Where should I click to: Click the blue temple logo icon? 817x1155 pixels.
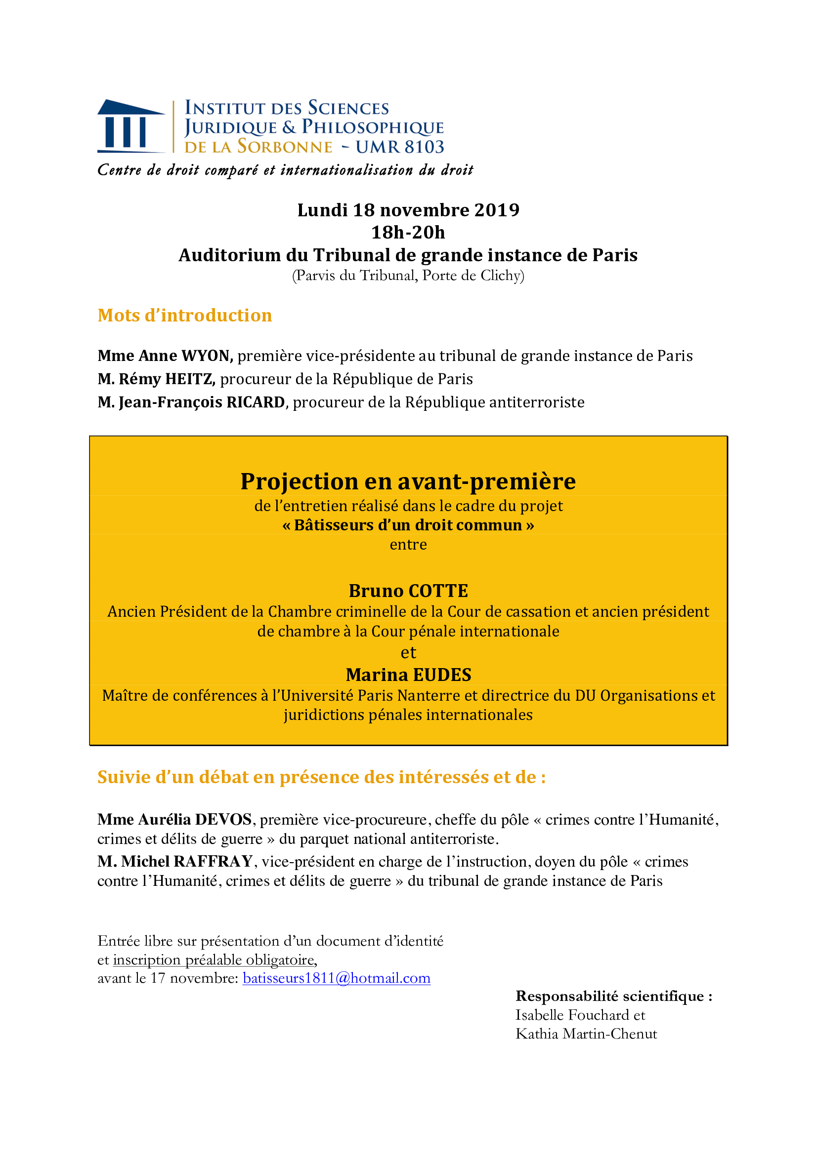130,126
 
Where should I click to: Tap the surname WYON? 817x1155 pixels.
207,356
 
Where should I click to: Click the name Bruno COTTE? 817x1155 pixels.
408,591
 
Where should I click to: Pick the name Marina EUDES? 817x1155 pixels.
408,675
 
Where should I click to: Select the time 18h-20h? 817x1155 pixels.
408,233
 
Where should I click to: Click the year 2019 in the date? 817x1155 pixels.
496,210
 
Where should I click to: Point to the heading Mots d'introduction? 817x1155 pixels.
185,316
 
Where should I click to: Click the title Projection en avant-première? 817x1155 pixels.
408,481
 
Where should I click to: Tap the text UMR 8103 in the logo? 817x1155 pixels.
400,147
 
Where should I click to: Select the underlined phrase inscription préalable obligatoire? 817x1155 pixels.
214,960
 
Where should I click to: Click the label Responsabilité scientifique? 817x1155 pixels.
614,996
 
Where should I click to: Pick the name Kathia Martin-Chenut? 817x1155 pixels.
586,1034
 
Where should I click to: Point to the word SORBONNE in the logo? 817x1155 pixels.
285,147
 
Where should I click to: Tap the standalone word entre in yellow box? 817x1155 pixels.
408,544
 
